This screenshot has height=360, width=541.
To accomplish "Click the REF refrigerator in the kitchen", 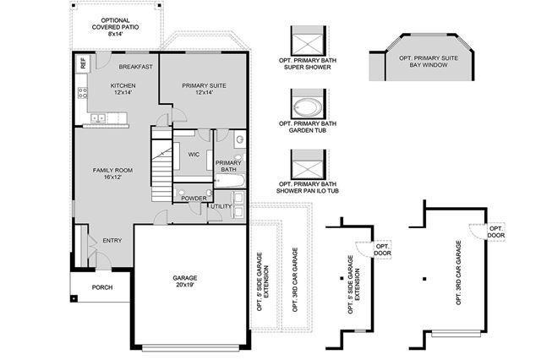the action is tap(83, 63).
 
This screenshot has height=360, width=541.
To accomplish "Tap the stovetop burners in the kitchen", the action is tap(83, 93).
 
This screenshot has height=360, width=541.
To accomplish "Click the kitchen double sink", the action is tap(98, 118).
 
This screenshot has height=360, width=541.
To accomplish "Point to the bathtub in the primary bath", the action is tap(229, 180).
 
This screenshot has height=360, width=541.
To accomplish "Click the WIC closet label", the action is tap(194, 155).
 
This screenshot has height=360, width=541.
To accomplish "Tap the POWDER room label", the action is tap(194, 199).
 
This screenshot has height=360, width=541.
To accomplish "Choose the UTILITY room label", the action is tap(221, 206).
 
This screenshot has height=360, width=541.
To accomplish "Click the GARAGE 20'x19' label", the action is tap(185, 281).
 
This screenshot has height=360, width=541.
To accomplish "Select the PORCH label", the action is tap(102, 287).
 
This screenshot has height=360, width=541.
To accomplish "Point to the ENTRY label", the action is tap(112, 240).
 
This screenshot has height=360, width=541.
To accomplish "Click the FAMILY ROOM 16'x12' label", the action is tap(112, 173).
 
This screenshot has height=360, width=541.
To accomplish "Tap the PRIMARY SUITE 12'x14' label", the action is tap(204, 89).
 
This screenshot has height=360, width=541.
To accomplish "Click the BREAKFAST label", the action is tap(135, 67).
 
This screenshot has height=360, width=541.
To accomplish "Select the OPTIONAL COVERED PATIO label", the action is tap(115, 27).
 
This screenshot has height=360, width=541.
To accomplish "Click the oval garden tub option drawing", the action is tap(308, 107).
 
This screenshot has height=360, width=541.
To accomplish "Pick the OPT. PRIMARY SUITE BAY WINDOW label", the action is tap(429, 62).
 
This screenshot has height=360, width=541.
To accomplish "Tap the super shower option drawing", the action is tap(307, 41).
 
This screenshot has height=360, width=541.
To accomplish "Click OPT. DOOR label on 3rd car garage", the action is tap(496, 232).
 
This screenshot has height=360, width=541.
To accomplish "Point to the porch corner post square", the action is tap(74, 298).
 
